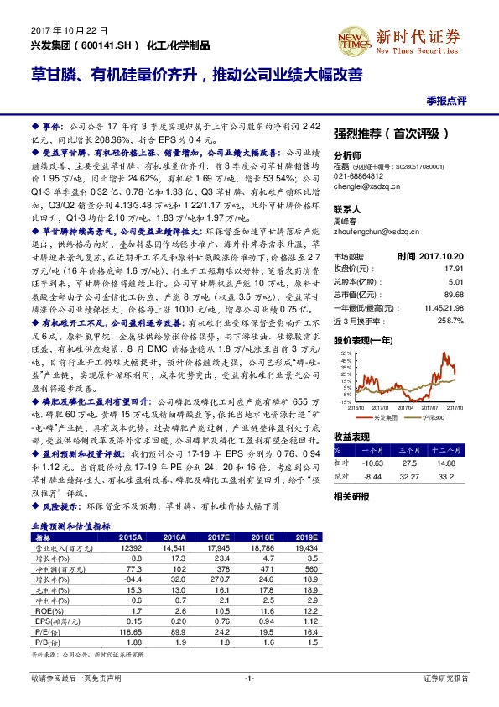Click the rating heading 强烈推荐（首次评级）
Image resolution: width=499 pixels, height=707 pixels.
392,134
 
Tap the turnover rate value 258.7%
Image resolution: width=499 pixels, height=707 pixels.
474,322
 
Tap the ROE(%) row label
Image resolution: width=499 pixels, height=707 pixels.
43,611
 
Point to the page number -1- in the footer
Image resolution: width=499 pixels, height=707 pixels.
249,678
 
